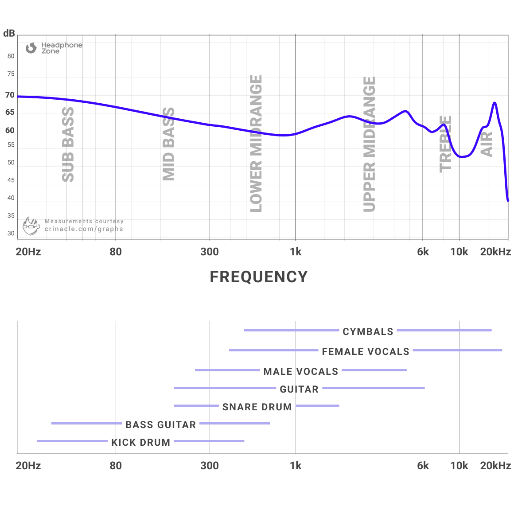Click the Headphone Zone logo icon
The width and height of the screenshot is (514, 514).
pyautogui.click(x=31, y=48)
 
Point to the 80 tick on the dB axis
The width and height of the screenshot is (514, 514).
pyautogui.click(x=11, y=57)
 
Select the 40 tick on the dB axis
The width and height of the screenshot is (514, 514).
pyautogui.click(x=11, y=199)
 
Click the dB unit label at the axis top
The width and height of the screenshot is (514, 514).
pyautogui.click(x=9, y=34)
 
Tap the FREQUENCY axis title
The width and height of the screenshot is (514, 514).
pyautogui.click(x=258, y=277)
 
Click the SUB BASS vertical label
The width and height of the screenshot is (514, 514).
pyautogui.click(x=68, y=144)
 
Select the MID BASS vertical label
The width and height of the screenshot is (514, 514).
pyautogui.click(x=169, y=144)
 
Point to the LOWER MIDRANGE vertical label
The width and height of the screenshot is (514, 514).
pyautogui.click(x=256, y=144)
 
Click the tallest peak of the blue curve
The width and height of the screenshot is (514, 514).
pyautogui.click(x=495, y=103)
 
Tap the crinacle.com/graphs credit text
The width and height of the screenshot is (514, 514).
pyautogui.click(x=84, y=229)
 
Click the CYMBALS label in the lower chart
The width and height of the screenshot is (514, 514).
pyautogui.click(x=368, y=331)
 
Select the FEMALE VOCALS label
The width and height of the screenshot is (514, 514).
pyautogui.click(x=366, y=351)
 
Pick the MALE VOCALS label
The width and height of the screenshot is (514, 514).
pyautogui.click(x=300, y=371)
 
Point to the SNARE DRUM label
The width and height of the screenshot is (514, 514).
pyautogui.click(x=257, y=407)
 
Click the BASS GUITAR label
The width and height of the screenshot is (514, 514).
pyautogui.click(x=160, y=424)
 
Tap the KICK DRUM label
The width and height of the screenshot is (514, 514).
pyautogui.click(x=141, y=442)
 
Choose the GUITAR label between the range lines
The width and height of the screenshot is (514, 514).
pyautogui.click(x=299, y=389)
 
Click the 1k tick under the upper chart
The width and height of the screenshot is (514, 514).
pyautogui.click(x=296, y=252)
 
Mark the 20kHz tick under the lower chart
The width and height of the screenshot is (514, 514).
pyautogui.click(x=495, y=466)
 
